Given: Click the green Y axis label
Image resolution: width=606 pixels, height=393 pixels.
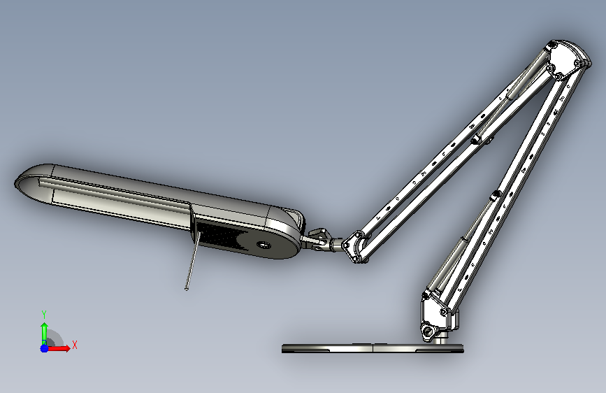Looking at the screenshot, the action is [x=44, y=314].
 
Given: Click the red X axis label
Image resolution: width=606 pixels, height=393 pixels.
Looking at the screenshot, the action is [x=75, y=345].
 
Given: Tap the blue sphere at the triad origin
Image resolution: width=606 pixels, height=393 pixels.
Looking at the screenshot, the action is [x=44, y=348].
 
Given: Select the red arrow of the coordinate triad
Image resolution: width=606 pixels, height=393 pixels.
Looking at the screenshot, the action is [x=59, y=348].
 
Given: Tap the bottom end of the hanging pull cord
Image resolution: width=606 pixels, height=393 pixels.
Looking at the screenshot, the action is [x=187, y=289].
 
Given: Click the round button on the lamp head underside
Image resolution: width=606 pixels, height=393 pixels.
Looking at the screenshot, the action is [x=264, y=245].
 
